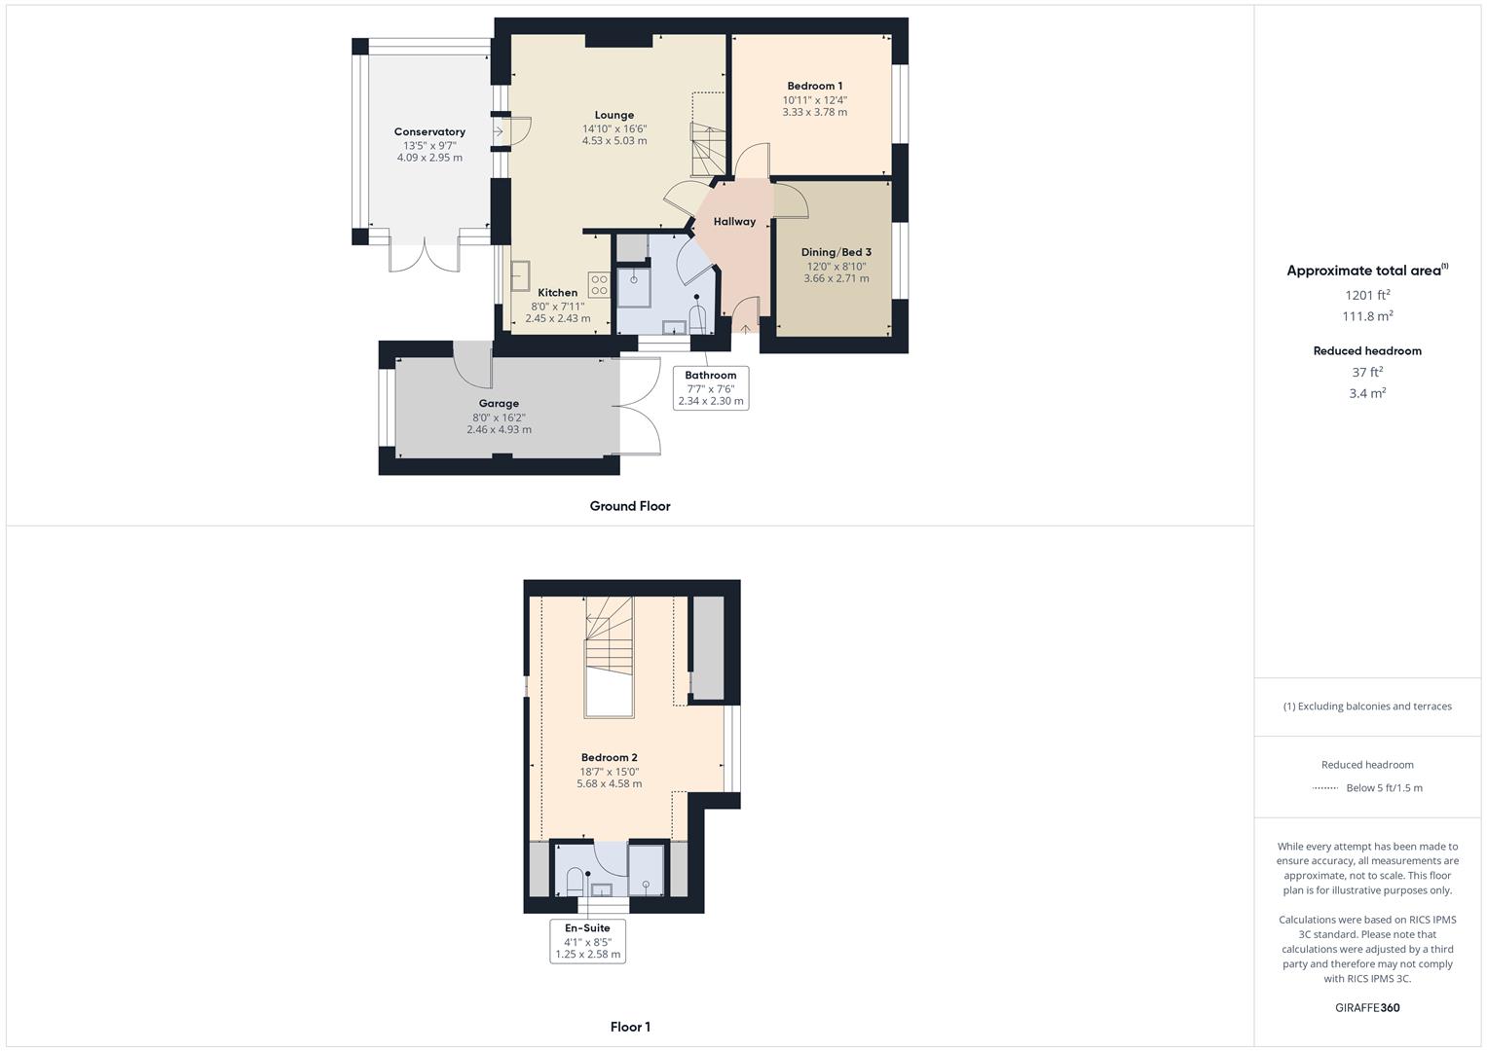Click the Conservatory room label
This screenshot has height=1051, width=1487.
(429, 131)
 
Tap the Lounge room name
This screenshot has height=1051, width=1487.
(614, 115)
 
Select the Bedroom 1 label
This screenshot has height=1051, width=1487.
(815, 86)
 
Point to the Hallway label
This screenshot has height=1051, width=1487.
(734, 221)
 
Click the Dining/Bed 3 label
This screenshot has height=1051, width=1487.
(836, 252)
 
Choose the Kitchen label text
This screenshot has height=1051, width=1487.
(558, 292)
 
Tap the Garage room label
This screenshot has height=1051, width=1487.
(499, 403)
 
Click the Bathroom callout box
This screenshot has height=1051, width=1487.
(711, 387)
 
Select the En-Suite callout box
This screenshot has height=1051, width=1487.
(587, 941)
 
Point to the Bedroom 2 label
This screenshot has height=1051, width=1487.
(610, 757)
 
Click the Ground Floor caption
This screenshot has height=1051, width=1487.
(630, 506)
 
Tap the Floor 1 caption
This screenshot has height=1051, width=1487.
(630, 1027)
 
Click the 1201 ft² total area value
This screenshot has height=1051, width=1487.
(1367, 295)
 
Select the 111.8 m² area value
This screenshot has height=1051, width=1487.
(1367, 316)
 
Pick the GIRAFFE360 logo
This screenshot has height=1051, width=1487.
(1367, 1008)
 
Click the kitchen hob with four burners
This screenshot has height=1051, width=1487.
(599, 285)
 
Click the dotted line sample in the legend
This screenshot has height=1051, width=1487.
(1325, 788)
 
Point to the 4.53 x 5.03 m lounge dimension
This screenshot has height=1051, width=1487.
(614, 140)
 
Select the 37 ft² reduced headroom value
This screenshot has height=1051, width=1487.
(1367, 372)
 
